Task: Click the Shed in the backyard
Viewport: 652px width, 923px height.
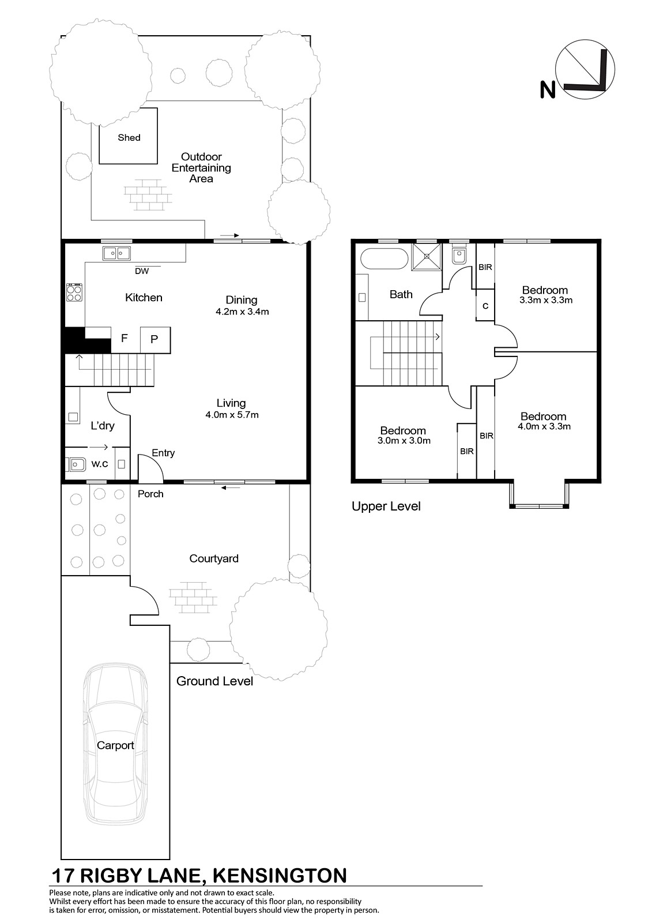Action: [128, 136]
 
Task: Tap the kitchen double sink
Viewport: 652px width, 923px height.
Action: [116, 253]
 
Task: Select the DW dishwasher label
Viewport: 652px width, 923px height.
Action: [142, 271]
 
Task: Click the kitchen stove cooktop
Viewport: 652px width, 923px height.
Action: [74, 292]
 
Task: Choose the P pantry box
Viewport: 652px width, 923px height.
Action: [155, 340]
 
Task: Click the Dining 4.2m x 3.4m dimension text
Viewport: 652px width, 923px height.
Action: [242, 312]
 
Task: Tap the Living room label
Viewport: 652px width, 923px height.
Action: [231, 403]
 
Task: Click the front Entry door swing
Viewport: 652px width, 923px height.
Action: [150, 468]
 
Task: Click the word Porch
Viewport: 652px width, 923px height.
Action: [150, 494]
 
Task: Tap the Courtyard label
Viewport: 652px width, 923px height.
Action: [214, 559]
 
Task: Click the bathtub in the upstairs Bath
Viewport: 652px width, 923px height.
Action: [385, 259]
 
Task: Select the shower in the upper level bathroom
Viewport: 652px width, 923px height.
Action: [427, 256]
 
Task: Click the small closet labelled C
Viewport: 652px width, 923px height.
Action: [485, 305]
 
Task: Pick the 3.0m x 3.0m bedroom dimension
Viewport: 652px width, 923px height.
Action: [404, 441]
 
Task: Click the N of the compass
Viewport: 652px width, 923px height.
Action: [548, 89]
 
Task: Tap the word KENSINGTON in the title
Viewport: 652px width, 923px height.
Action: [279, 876]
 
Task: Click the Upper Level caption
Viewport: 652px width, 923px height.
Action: [386, 506]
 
